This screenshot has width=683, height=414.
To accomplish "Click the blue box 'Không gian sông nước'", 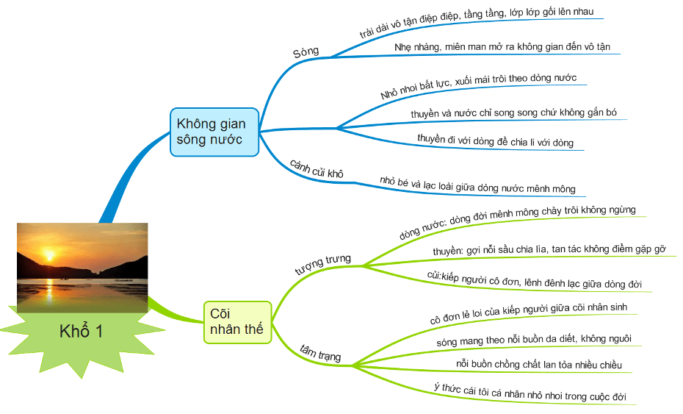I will (214, 132).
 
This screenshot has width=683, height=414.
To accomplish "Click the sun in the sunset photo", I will (50, 255).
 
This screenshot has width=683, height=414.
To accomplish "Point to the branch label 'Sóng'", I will (306, 52).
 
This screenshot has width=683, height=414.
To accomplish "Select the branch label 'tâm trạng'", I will (321, 353).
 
